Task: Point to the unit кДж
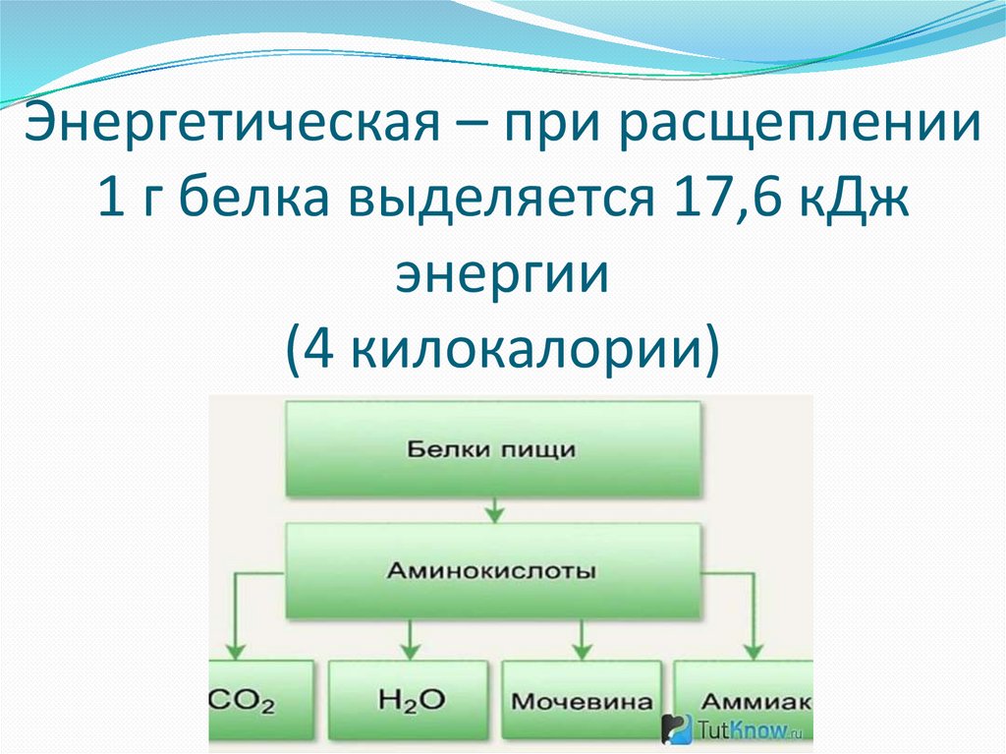point(854,202)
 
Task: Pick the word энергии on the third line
point(502,274)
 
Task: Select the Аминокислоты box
point(494,570)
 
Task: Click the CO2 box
point(261,700)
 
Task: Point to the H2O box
point(409,700)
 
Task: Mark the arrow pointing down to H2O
point(409,644)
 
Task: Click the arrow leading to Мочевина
point(582,644)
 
